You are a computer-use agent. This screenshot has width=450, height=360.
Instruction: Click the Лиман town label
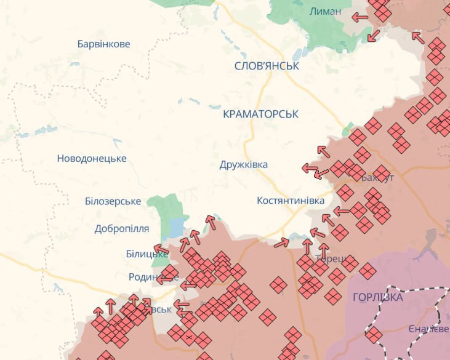(326, 11)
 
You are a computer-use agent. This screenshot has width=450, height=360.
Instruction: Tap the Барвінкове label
(104, 44)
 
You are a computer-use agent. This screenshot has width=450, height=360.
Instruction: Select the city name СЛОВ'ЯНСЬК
(267, 66)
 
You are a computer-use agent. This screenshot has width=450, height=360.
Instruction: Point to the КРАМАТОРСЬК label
(260, 114)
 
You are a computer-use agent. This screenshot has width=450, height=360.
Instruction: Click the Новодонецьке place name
(92, 158)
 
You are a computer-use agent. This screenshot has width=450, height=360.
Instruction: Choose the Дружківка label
(244, 165)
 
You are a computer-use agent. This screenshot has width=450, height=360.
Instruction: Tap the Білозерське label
(113, 201)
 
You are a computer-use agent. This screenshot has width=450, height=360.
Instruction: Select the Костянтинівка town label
(290, 201)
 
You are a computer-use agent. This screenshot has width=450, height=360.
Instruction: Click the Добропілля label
(122, 228)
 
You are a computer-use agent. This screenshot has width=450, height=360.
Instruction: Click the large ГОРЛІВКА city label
(378, 298)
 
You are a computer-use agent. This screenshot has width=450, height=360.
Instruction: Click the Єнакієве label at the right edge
(429, 330)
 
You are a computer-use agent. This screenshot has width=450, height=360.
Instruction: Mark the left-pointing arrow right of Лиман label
(360, 17)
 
